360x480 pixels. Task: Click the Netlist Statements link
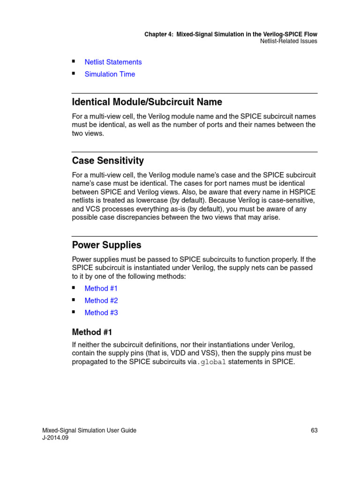coord(113,62)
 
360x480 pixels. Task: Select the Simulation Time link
coord(110,74)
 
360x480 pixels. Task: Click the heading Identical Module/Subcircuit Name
coord(147,102)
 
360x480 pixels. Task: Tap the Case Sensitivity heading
coord(108,161)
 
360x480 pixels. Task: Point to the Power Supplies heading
coord(106,245)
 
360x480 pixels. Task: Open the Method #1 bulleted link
coord(101,288)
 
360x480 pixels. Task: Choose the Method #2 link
coord(101,300)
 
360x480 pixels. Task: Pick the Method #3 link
coord(101,313)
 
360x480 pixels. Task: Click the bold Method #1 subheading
coord(92,332)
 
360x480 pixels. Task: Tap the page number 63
coord(314,430)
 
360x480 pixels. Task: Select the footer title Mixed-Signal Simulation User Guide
coord(89,430)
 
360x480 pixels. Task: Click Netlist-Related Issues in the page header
coord(288,41)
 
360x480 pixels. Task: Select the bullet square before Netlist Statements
coord(74,61)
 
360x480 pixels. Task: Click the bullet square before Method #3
coord(74,312)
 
